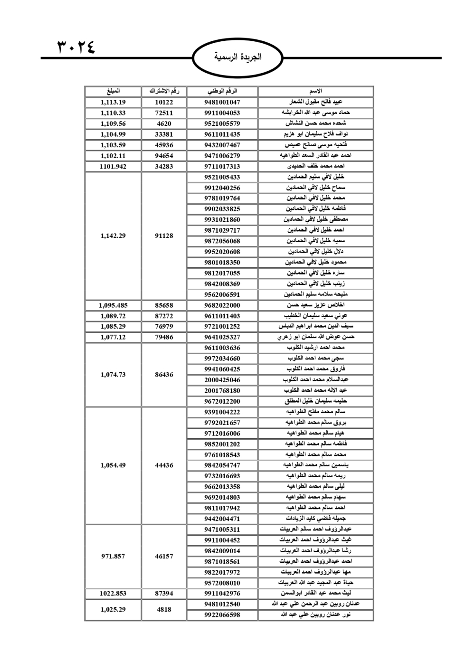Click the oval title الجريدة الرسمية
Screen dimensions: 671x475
pyautogui.click(x=237, y=57)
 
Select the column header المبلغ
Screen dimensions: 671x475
pyautogui.click(x=113, y=91)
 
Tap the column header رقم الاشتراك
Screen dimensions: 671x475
pyautogui.click(x=164, y=91)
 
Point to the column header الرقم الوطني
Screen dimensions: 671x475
pyautogui.click(x=222, y=91)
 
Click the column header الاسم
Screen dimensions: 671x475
pyautogui.click(x=316, y=91)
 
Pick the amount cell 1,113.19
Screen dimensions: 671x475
pyautogui.click(x=113, y=102)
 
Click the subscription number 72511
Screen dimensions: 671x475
pyautogui.click(x=164, y=113)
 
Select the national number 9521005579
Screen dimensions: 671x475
pyautogui.click(x=222, y=123)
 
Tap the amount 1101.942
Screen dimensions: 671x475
pyautogui.click(x=113, y=166)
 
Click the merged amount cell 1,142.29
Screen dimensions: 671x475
pyautogui.click(x=113, y=236)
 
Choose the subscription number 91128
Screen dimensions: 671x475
pyautogui.click(x=164, y=236)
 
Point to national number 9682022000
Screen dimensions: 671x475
pyautogui.click(x=222, y=305)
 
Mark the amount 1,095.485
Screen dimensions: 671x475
pyautogui.click(x=113, y=305)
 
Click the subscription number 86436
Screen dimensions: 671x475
pyautogui.click(x=164, y=375)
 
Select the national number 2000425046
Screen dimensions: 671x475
pyautogui.click(x=222, y=380)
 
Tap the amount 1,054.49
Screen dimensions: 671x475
pyautogui.click(x=113, y=465)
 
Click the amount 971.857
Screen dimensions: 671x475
pyautogui.click(x=113, y=556)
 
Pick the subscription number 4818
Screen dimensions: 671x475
pyautogui.click(x=164, y=609)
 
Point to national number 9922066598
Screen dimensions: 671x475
pyautogui.click(x=222, y=615)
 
